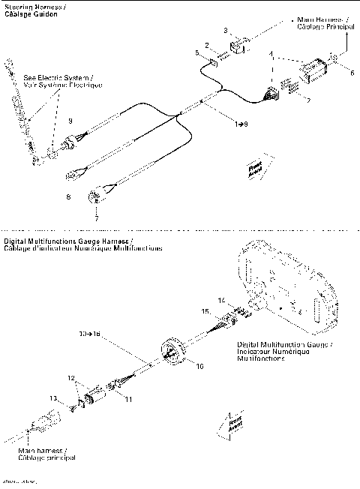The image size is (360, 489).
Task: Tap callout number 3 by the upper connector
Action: click(x=226, y=29)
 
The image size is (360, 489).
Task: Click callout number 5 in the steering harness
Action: click(x=196, y=53)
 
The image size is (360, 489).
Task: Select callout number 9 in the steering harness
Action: click(x=70, y=121)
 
